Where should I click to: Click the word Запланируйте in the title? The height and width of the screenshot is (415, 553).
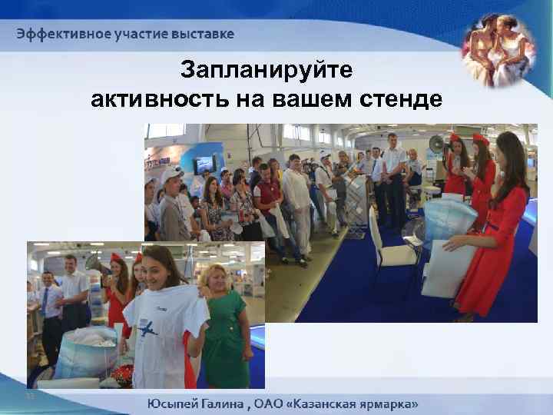click(267, 71)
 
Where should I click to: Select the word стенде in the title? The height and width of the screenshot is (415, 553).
click(406, 100)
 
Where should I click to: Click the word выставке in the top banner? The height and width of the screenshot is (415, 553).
click(205, 34)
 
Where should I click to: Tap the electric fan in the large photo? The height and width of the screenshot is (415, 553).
click(436, 144)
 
